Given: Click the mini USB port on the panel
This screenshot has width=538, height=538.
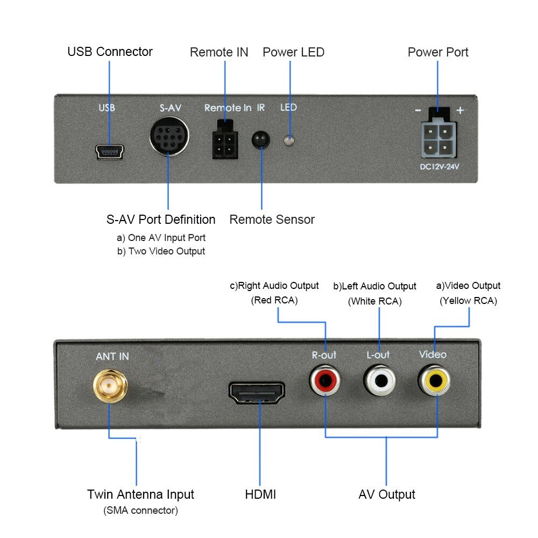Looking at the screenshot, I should click(110, 153).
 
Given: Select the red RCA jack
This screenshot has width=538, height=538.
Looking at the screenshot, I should click(325, 381).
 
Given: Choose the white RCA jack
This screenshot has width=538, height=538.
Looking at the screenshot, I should click(380, 381).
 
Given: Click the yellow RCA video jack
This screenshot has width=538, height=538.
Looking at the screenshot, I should click(435, 380).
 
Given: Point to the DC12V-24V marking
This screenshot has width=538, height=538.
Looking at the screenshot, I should click(440, 167).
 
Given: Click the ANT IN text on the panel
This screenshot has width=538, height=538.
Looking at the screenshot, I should click(112, 357).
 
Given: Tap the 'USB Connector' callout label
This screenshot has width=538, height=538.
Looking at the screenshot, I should click(110, 52).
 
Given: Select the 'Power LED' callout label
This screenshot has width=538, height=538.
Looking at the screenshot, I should click(293, 52).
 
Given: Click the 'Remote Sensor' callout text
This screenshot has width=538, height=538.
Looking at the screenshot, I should click(272, 220).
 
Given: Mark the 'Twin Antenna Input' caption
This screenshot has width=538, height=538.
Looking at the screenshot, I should click(140, 494).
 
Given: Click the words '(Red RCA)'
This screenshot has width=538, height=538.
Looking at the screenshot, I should click(274, 300).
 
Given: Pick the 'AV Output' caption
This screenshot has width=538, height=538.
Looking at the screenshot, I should click(387, 494).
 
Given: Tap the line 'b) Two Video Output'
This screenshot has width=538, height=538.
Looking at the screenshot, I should click(161, 251).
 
